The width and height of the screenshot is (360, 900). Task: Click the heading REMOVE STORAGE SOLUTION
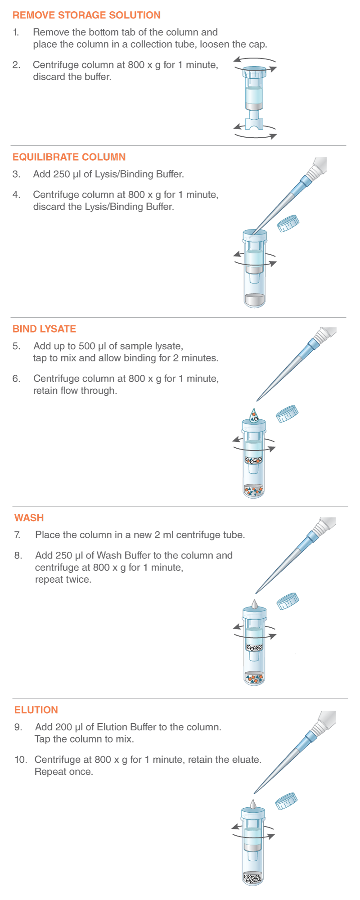tap(86, 15)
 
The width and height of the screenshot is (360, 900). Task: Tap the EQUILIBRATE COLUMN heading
tap(69, 157)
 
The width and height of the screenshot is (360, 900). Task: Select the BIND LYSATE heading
tap(44, 329)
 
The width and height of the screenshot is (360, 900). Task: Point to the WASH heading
tap(29, 517)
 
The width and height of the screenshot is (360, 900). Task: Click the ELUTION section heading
tap(36, 710)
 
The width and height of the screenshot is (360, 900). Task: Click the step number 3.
tap(16, 174)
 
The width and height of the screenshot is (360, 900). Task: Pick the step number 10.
tap(21, 760)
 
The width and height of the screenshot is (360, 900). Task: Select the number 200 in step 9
tap(74, 727)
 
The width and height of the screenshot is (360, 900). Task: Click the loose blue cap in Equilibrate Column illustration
tap(288, 223)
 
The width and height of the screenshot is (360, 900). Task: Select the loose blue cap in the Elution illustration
tap(286, 801)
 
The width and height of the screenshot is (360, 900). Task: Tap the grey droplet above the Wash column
tap(254, 604)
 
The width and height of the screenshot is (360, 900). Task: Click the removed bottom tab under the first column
tap(255, 123)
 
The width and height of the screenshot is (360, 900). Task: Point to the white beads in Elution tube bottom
tap(252, 878)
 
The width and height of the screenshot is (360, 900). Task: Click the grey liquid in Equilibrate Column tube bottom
tap(255, 300)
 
